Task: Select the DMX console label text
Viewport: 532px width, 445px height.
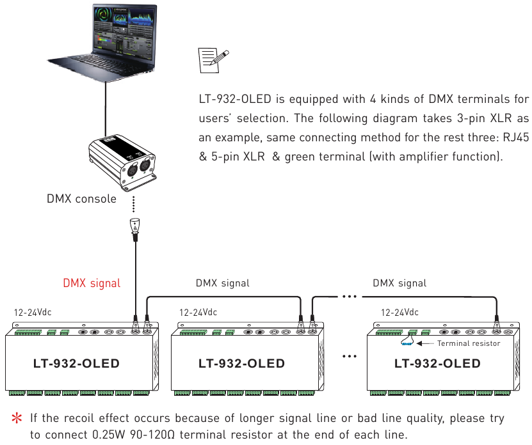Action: click(x=81, y=199)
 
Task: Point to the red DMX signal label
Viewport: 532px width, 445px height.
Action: click(x=92, y=283)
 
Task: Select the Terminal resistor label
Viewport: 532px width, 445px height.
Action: click(x=469, y=343)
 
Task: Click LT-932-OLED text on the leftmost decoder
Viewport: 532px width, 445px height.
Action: click(x=76, y=364)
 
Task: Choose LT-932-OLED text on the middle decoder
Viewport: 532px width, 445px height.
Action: click(x=241, y=364)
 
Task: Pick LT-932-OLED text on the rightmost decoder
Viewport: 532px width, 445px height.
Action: click(x=437, y=364)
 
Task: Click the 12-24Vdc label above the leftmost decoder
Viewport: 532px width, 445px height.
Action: click(x=33, y=313)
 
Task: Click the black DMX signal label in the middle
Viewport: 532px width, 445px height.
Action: click(x=222, y=283)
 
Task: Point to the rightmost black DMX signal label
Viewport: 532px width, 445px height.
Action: click(x=399, y=283)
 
